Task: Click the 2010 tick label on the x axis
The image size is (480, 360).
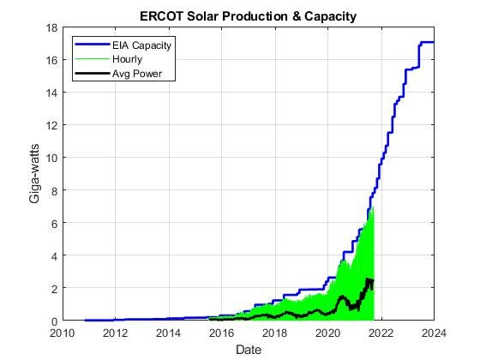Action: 63,333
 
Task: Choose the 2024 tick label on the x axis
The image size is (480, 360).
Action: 433,333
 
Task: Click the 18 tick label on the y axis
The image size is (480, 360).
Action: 51,28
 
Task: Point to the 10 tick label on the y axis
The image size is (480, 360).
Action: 51,158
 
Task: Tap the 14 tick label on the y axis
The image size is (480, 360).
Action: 51,93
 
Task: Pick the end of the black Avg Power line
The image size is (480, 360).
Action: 372,281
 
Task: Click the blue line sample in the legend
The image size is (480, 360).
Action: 89,45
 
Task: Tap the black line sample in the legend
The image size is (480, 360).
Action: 89,74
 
